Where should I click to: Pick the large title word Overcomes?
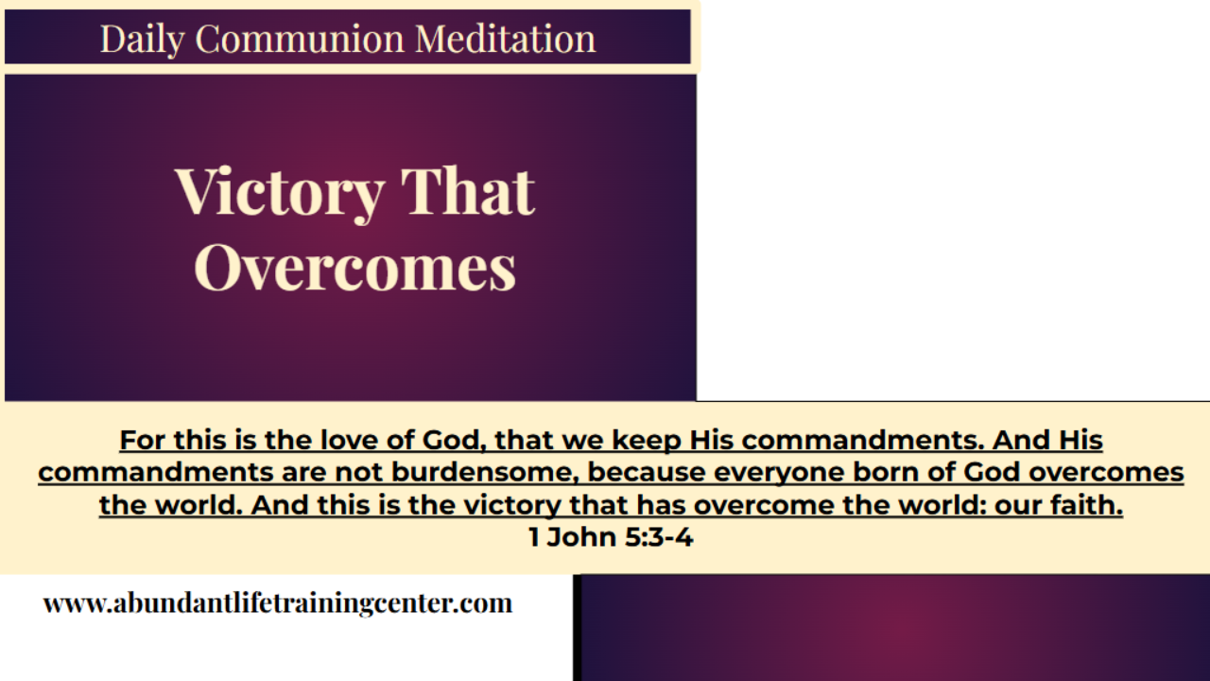pos(355,268)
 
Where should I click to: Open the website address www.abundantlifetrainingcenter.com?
pos(278,602)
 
